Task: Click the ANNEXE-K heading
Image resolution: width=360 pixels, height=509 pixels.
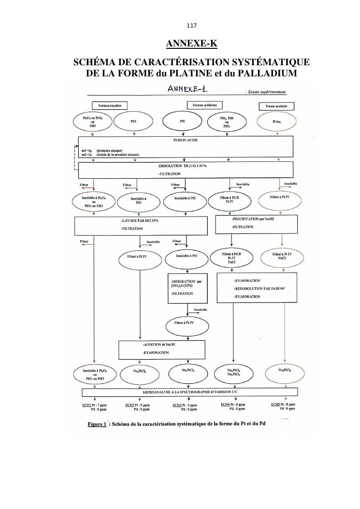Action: [191, 44]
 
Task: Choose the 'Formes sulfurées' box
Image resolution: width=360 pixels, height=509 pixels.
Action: [204, 105]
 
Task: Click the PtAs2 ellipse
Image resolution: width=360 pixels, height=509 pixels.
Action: [277, 122]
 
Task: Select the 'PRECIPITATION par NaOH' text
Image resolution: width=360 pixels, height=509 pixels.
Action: [257, 219]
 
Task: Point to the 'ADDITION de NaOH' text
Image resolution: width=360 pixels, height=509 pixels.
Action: [159, 345]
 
